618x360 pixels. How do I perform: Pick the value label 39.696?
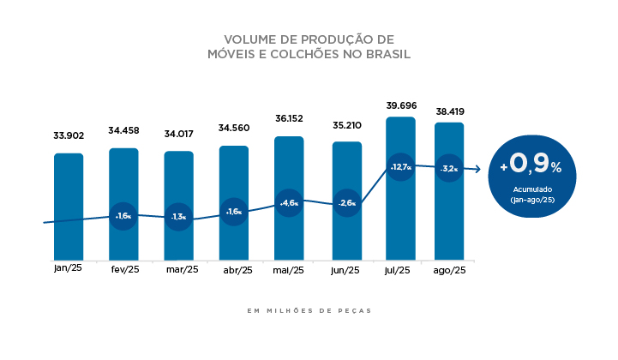(x=401, y=105)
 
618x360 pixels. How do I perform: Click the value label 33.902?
(x=69, y=135)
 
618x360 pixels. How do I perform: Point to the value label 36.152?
(x=289, y=118)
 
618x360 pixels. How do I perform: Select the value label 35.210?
(x=346, y=125)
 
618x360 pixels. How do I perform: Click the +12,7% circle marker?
(x=401, y=167)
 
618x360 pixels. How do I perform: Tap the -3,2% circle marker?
(x=449, y=169)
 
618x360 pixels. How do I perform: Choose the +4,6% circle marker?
(x=289, y=203)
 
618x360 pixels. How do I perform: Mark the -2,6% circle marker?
(x=346, y=203)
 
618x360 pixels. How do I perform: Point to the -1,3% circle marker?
(x=178, y=217)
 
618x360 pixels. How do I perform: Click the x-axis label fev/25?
(x=123, y=271)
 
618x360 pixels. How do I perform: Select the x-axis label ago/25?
(x=449, y=271)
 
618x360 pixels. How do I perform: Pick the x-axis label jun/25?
(x=346, y=271)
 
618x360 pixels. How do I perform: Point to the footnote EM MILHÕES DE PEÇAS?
(x=309, y=310)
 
